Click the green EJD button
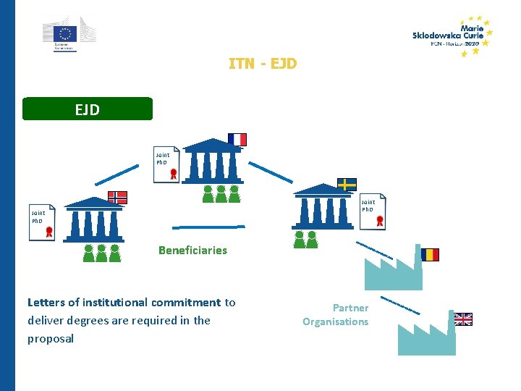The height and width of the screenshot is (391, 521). pos(88,109)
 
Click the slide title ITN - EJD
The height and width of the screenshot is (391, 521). pos(262,64)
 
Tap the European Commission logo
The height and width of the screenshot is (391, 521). pos(68,34)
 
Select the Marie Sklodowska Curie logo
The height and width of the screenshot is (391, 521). pos(452,36)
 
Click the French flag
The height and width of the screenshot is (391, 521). pos(237,139)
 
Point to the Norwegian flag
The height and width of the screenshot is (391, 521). pos(118,197)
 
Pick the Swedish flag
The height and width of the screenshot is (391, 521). pos(347,184)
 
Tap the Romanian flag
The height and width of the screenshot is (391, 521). pos(430,254)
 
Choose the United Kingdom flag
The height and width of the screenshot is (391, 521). pos(463,319)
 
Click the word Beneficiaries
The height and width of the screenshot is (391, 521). pos(192,251)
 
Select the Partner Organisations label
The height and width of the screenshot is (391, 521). pos(336,315)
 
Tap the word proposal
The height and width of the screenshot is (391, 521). pos(51,339)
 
